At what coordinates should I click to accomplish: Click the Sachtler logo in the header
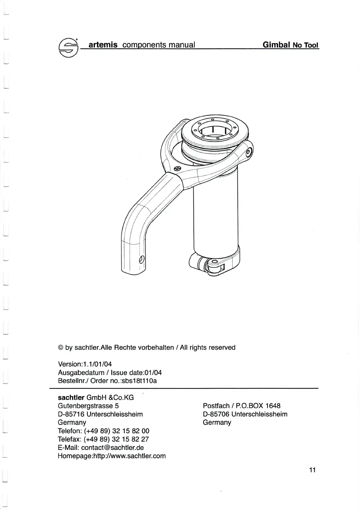point(68,47)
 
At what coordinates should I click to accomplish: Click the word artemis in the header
point(103,45)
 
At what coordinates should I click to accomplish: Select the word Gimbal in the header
point(276,45)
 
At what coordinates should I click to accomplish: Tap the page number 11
point(312,470)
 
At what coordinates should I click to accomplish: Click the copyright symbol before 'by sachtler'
point(60,347)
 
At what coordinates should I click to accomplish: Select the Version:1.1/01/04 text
point(80,364)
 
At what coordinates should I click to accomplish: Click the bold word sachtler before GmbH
point(71,398)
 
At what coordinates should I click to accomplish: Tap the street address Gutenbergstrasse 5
point(88,406)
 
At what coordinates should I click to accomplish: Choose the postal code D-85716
point(71,414)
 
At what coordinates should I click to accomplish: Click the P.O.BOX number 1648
point(273,406)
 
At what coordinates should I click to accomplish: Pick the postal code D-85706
point(216,414)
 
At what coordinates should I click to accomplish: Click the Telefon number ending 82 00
point(117,431)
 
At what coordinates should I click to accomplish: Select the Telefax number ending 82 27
point(116,439)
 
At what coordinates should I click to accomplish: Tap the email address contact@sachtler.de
point(112,448)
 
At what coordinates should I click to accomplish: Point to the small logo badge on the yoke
point(178,168)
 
